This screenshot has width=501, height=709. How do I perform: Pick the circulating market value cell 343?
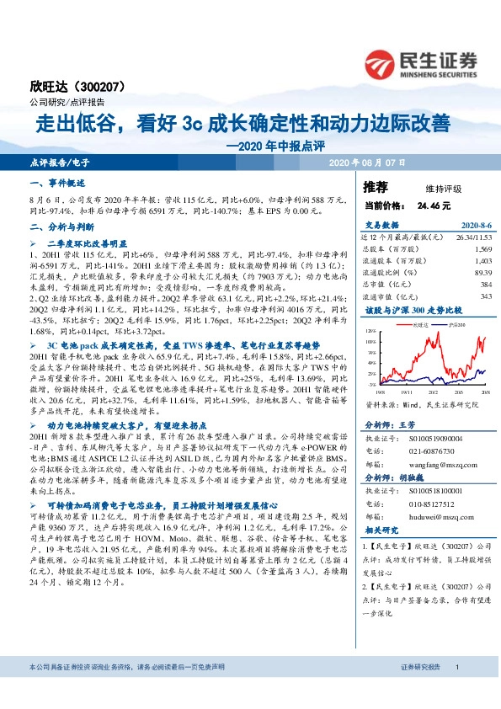[485, 296]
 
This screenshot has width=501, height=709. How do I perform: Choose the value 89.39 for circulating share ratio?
[482, 273]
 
